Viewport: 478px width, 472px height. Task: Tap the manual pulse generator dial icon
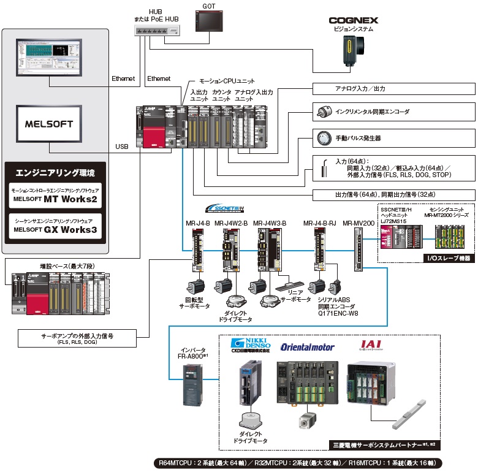click(323, 139)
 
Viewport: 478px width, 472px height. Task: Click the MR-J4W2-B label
click(231, 223)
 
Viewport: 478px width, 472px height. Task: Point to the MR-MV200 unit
click(358, 251)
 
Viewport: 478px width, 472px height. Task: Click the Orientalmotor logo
click(308, 347)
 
